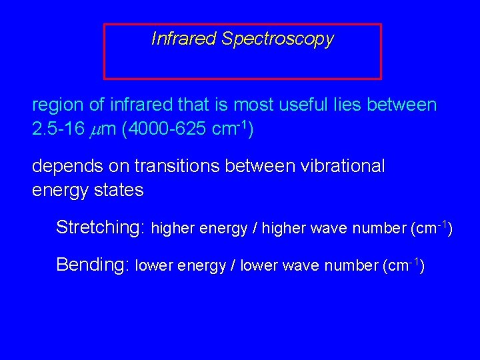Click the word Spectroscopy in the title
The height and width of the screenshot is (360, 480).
(x=277, y=39)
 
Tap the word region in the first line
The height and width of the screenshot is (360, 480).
(x=58, y=105)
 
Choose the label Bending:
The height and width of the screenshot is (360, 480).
(x=93, y=265)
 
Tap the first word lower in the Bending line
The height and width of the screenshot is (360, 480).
(x=153, y=266)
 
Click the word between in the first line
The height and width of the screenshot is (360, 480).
(x=403, y=105)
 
